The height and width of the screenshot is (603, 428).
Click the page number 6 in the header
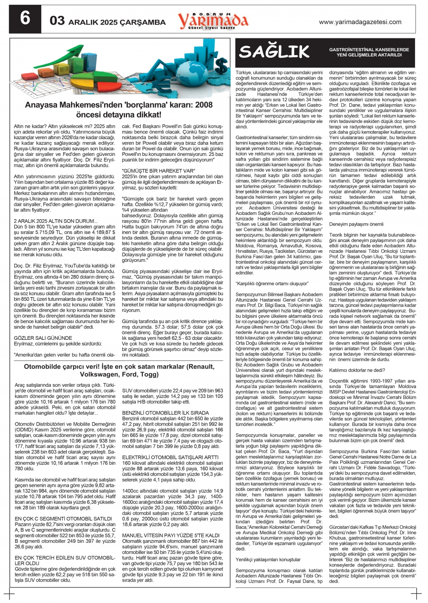(25, 19)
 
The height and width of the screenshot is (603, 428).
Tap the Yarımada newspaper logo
(213, 20)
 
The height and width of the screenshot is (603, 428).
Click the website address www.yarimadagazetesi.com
(360, 22)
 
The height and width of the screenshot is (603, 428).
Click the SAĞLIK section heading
(274, 52)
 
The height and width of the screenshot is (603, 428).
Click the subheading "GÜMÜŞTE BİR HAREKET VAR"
(158, 171)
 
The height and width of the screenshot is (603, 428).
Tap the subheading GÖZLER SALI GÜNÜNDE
(43, 338)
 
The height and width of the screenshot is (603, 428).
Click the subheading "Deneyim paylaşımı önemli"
(356, 224)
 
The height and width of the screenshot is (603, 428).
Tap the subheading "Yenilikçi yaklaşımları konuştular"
(268, 559)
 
